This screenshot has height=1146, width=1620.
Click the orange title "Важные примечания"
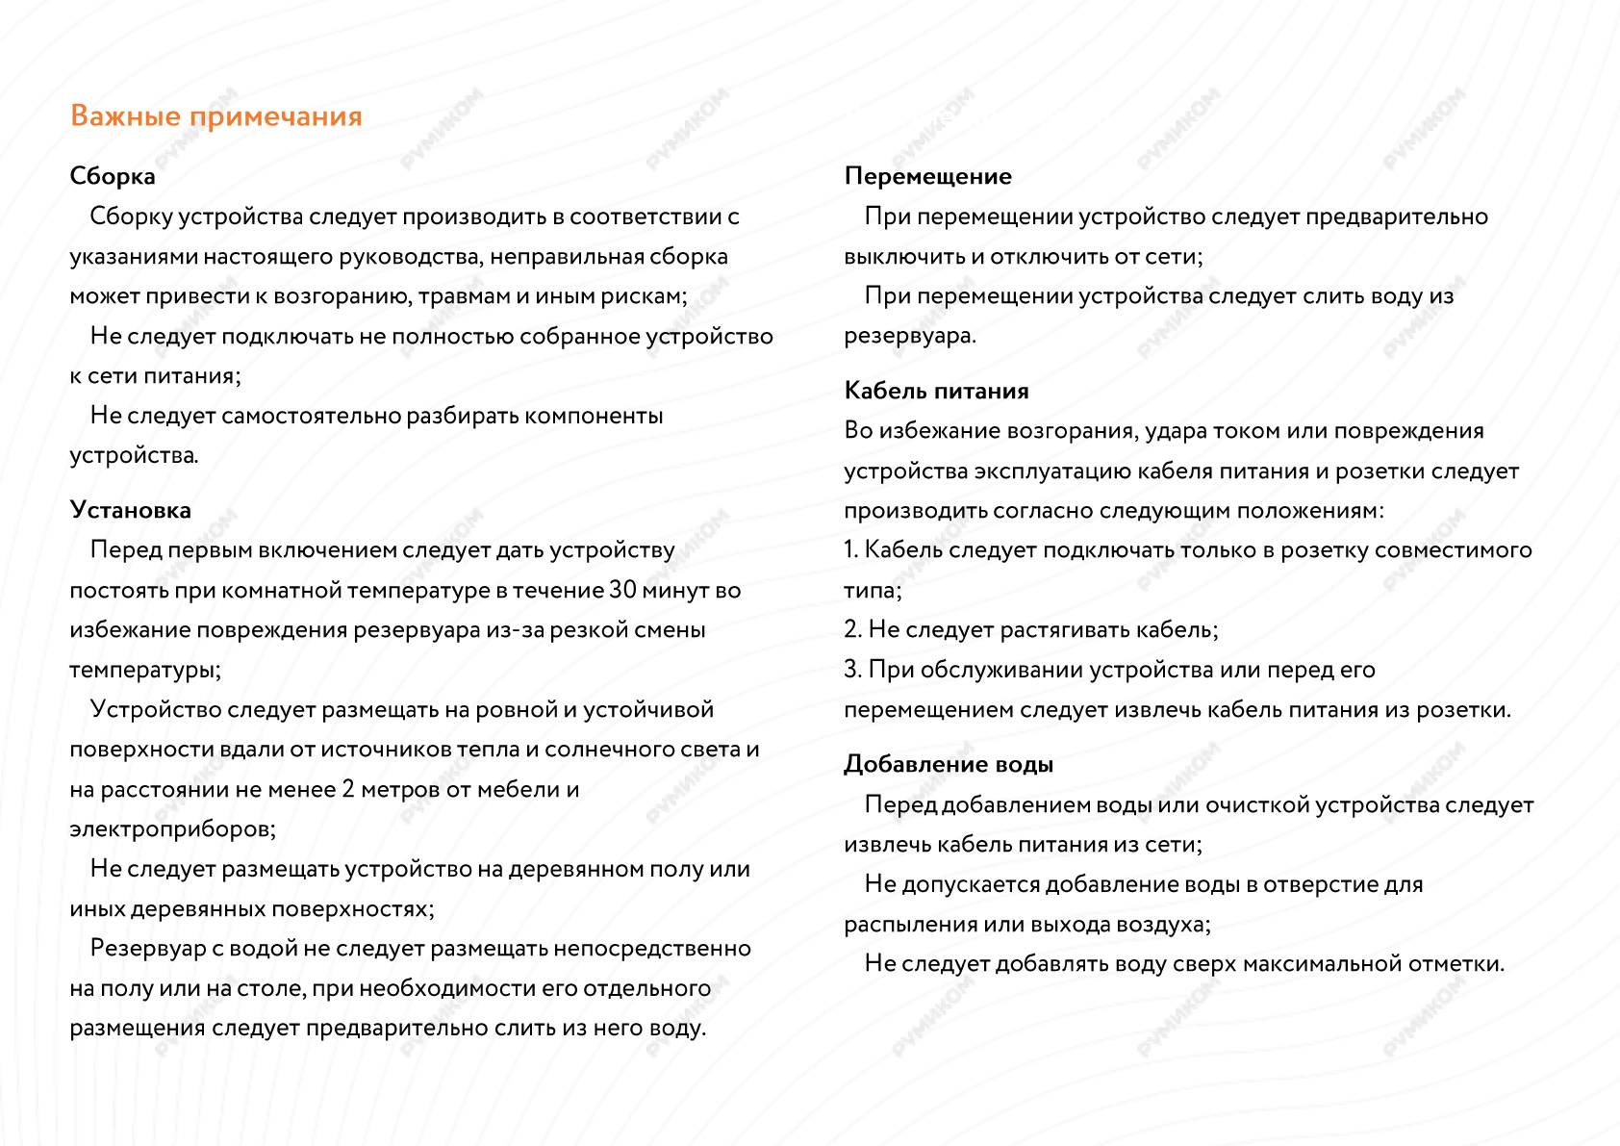click(216, 116)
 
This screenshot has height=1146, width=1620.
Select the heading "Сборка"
click(113, 176)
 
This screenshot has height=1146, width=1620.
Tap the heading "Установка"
click(130, 510)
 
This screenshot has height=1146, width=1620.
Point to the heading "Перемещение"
click(927, 176)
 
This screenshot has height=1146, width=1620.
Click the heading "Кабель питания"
click(936, 391)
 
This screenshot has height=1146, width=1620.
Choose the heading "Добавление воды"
click(949, 764)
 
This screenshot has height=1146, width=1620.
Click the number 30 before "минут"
click(622, 590)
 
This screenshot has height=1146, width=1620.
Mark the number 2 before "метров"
click(347, 789)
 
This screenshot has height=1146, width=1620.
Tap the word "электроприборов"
click(171, 828)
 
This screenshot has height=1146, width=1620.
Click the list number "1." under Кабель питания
click(851, 550)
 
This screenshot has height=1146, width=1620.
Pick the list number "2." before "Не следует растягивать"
click(852, 630)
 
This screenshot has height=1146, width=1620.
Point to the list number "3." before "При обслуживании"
click(852, 670)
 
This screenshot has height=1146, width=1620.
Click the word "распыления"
click(910, 925)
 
